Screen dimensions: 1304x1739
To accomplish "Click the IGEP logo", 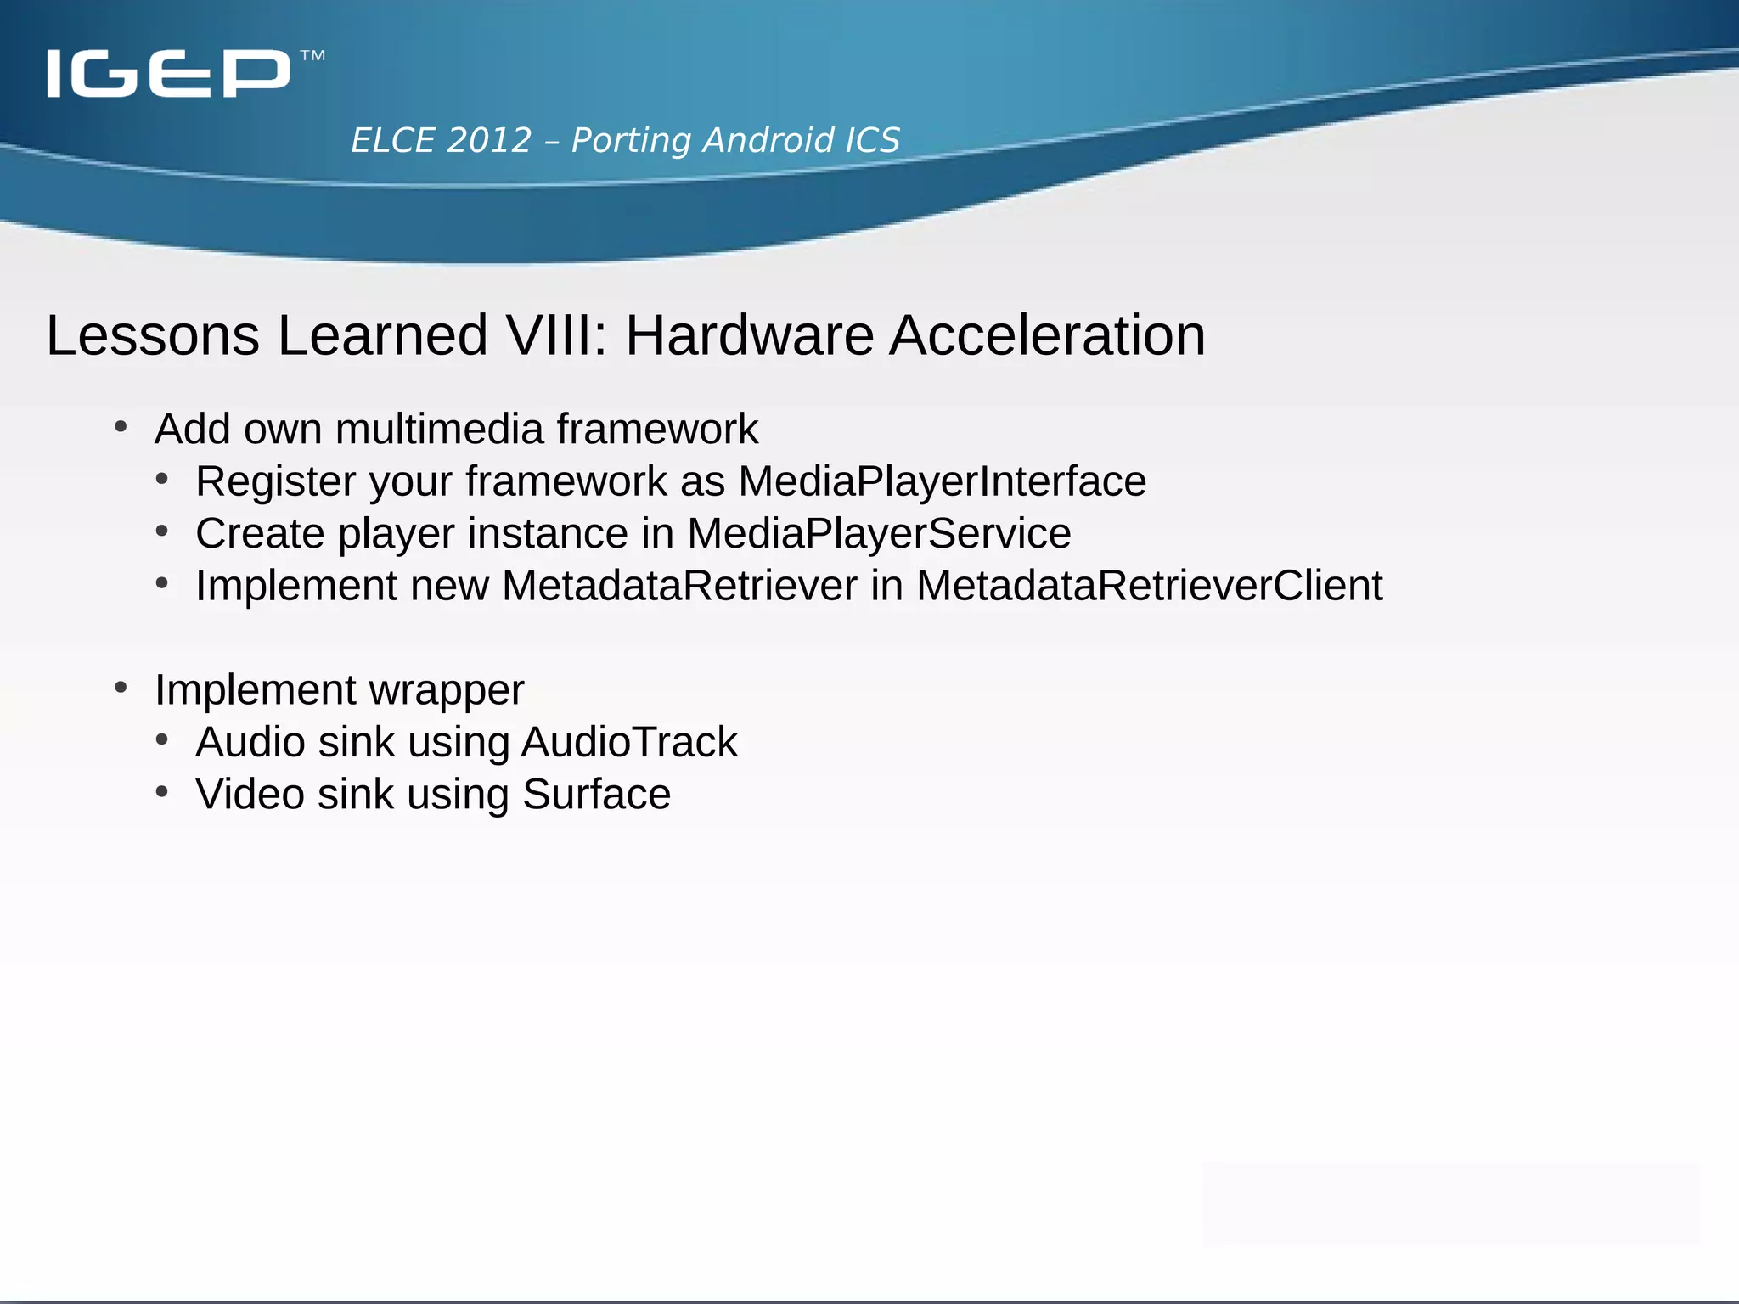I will (x=168, y=74).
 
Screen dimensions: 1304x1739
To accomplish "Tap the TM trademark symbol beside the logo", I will (x=312, y=56).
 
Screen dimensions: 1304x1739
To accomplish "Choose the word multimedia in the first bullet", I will (x=439, y=429).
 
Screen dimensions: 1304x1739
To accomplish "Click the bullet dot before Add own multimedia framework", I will (x=121, y=426).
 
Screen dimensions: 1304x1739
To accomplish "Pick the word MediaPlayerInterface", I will (x=942, y=481).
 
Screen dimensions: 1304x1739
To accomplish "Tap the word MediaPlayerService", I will (x=879, y=533).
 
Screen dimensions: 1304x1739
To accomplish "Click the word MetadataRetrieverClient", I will (x=1149, y=586).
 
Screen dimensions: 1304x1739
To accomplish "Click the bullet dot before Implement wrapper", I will (x=121, y=687).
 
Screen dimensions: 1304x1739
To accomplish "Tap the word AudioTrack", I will (x=629, y=742).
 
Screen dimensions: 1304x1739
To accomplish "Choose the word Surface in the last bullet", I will (x=596, y=795).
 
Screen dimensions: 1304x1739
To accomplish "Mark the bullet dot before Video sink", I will (x=162, y=792).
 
